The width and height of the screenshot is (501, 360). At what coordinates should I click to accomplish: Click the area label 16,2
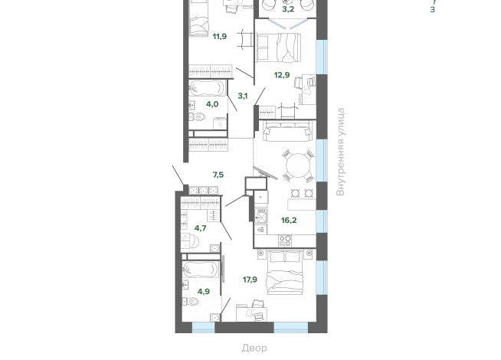click(289, 221)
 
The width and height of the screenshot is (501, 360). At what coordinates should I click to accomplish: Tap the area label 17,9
click(250, 280)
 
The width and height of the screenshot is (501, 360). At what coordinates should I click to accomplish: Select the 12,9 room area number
click(282, 75)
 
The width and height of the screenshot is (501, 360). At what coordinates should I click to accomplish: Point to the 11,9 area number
click(220, 37)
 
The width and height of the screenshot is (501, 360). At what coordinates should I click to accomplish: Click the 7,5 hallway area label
click(218, 175)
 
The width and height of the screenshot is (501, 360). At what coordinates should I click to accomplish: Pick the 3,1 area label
click(243, 96)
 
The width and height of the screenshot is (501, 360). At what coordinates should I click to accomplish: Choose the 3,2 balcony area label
click(288, 9)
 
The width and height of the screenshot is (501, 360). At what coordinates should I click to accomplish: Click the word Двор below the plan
click(254, 348)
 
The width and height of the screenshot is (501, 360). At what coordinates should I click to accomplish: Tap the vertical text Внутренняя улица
click(341, 152)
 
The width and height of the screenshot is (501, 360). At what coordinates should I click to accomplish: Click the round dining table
click(298, 165)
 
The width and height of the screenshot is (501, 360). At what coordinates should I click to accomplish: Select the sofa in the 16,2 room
click(287, 131)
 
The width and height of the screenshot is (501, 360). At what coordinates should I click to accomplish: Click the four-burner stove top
click(285, 241)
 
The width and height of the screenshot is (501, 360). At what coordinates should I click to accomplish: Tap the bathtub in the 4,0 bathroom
click(207, 88)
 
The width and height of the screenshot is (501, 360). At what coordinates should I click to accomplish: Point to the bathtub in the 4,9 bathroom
click(201, 270)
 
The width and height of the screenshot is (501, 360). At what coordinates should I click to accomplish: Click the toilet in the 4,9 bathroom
click(192, 301)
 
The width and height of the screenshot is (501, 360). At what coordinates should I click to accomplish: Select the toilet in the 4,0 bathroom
click(197, 117)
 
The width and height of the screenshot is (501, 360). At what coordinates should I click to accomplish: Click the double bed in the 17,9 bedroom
click(285, 272)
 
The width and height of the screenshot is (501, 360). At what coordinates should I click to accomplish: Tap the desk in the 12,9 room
click(308, 90)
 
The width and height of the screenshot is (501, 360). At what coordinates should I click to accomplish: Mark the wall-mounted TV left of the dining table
click(266, 172)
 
